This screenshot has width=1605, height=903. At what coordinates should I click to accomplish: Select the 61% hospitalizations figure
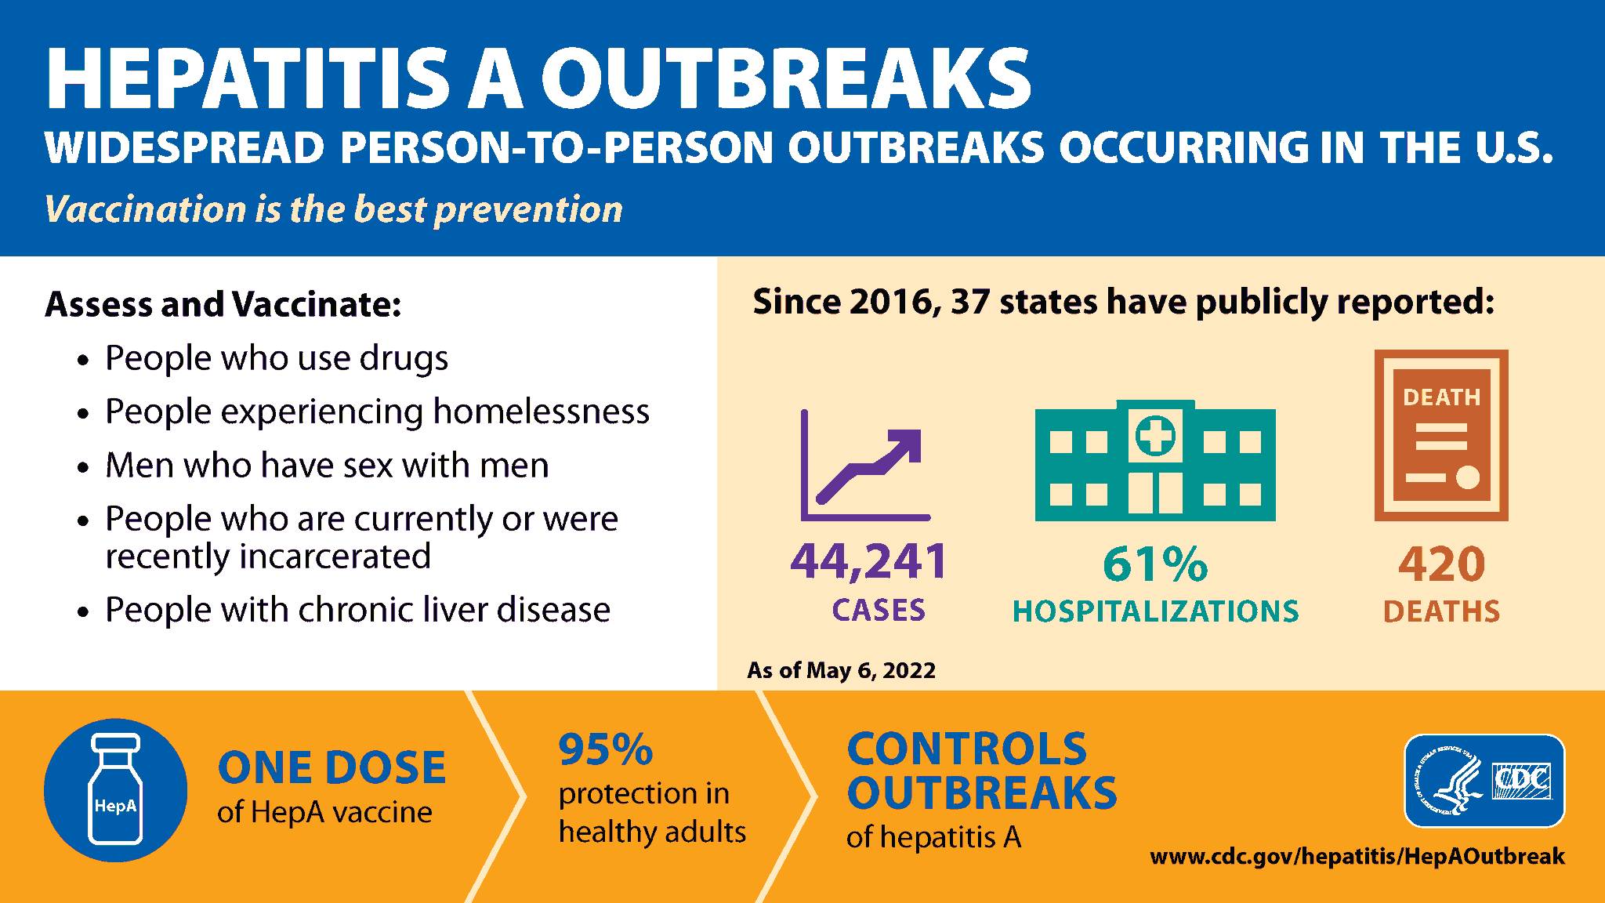1155,564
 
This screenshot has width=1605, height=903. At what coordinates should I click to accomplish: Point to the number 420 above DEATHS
1441,564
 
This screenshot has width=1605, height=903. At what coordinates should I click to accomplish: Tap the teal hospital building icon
1155,462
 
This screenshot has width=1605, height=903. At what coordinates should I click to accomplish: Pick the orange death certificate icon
1441,435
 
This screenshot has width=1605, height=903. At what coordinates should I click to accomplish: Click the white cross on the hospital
1155,435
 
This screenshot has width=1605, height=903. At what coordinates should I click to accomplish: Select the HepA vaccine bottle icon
115,790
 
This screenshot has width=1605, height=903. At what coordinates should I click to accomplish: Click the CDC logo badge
1484,781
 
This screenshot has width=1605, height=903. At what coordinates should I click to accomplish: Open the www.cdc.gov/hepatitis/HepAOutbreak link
1357,856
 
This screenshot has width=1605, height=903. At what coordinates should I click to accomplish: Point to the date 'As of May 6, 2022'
841,670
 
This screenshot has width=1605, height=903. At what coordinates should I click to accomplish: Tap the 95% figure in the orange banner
605,749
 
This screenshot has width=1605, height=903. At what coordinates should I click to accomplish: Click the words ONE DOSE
332,767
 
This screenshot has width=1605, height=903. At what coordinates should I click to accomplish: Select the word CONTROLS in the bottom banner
967,749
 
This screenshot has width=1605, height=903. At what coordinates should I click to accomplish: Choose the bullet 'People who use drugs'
277,358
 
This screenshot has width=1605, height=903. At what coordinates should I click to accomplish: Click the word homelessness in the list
541,412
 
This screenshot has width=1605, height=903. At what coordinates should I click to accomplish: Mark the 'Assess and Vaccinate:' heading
223,304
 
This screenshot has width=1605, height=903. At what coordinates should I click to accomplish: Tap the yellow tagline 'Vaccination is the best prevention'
333,209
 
